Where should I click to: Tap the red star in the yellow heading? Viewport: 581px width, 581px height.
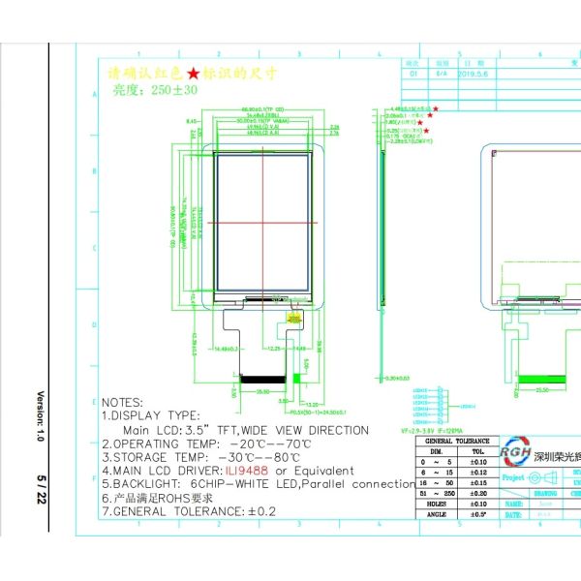point(194,74)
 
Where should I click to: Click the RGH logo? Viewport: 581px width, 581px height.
point(514,452)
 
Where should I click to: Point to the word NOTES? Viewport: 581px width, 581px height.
point(122,402)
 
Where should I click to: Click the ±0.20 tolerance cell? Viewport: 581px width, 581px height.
point(477,492)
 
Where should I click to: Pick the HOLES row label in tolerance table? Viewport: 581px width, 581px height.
point(436,503)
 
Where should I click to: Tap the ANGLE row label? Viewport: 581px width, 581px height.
point(436,514)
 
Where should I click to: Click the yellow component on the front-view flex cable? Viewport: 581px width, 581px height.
point(293,317)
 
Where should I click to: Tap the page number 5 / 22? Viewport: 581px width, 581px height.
point(41,486)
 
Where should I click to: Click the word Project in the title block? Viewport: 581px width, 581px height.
point(513,477)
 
